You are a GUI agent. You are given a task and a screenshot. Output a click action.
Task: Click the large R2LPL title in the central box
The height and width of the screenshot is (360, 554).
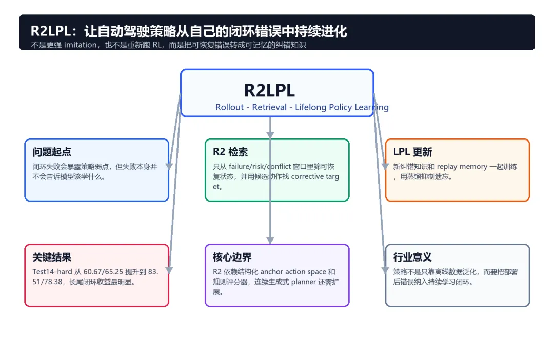pyautogui.click(x=269, y=90)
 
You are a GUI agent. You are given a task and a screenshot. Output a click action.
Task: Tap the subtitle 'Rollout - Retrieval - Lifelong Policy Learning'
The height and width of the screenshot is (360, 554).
pyautogui.click(x=302, y=107)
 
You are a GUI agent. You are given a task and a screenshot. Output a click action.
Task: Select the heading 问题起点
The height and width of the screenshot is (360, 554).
pyautogui.click(x=52, y=152)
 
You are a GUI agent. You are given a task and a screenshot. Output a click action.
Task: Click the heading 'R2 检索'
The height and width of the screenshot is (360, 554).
pyautogui.click(x=230, y=152)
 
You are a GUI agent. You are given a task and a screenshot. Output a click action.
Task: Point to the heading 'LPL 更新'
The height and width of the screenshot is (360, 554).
pyautogui.click(x=412, y=152)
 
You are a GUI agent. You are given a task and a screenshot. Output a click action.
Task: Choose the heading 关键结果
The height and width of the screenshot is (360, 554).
pyautogui.click(x=52, y=257)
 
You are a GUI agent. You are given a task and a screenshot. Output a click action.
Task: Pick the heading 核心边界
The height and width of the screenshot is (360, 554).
pyautogui.click(x=232, y=257)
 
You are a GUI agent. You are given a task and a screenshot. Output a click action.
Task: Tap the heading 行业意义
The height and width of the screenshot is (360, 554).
pyautogui.click(x=412, y=257)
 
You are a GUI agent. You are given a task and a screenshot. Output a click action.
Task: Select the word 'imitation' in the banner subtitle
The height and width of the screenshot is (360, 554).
pyautogui.click(x=80, y=45)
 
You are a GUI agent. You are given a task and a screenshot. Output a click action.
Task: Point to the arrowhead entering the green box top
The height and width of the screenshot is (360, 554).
pyautogui.click(x=270, y=135)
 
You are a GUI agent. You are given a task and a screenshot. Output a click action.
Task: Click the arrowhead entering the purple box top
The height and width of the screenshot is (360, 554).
pyautogui.click(x=270, y=240)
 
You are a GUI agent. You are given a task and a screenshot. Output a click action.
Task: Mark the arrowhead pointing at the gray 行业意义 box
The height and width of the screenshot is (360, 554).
pyautogui.click(x=385, y=270)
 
